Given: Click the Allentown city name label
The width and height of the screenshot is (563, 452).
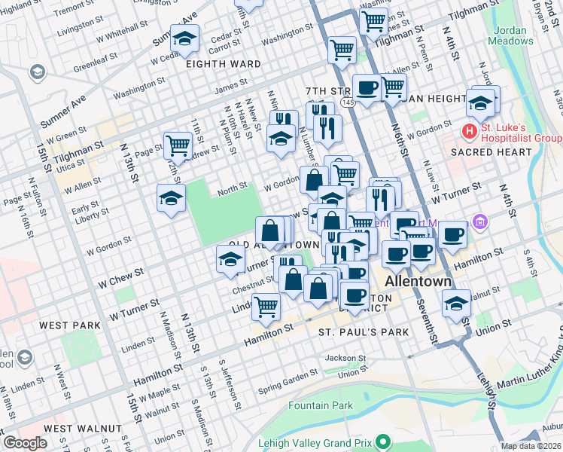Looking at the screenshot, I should pos(418,281).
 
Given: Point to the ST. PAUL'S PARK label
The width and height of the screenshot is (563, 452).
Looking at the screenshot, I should pos(364,331).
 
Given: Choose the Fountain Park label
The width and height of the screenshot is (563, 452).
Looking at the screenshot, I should pos(321,405).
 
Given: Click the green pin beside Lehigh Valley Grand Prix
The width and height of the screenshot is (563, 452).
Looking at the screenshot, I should pos(384,441).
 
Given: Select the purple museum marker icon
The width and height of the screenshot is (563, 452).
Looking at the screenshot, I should pos(481,223).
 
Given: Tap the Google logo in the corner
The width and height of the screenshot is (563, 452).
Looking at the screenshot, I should pos(24,443).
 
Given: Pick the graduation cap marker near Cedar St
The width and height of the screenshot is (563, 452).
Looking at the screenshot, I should pos(184,38).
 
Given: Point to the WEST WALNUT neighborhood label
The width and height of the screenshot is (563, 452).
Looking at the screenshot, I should pos(83,428).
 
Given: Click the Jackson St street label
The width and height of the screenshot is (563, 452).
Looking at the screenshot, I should pos(345,359).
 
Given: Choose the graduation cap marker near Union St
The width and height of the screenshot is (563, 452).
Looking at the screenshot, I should pos(456,304).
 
